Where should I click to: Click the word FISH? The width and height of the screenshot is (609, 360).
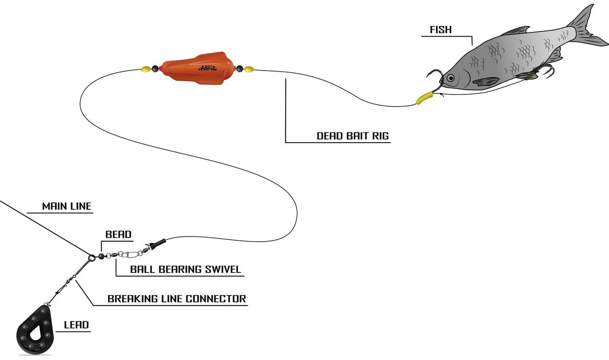[x=441, y=29]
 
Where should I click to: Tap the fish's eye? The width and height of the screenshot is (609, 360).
[x=450, y=78]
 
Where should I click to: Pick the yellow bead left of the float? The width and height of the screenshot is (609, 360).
[x=145, y=69]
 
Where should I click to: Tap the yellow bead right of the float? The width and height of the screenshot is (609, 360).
[x=249, y=69]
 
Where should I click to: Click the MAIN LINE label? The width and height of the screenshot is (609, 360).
[x=66, y=206]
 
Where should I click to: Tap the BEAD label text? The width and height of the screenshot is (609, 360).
[x=118, y=235]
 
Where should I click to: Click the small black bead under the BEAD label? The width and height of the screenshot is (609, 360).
[x=101, y=256]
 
